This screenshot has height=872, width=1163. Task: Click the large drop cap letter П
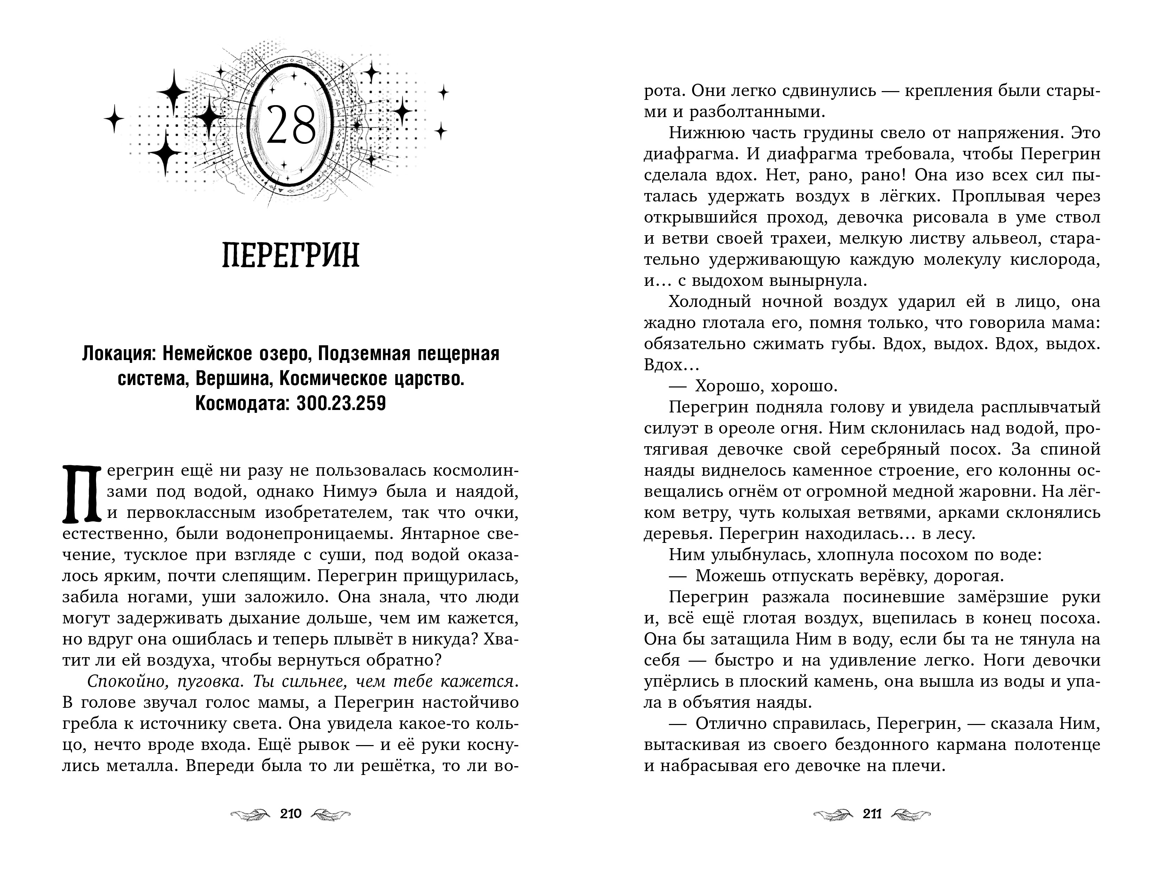pyautogui.click(x=82, y=494)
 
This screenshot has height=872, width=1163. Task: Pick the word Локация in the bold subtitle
pyautogui.click(x=118, y=354)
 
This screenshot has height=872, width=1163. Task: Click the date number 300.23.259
pyautogui.click(x=341, y=403)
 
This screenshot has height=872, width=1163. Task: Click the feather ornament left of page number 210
pyautogui.click(x=250, y=814)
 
